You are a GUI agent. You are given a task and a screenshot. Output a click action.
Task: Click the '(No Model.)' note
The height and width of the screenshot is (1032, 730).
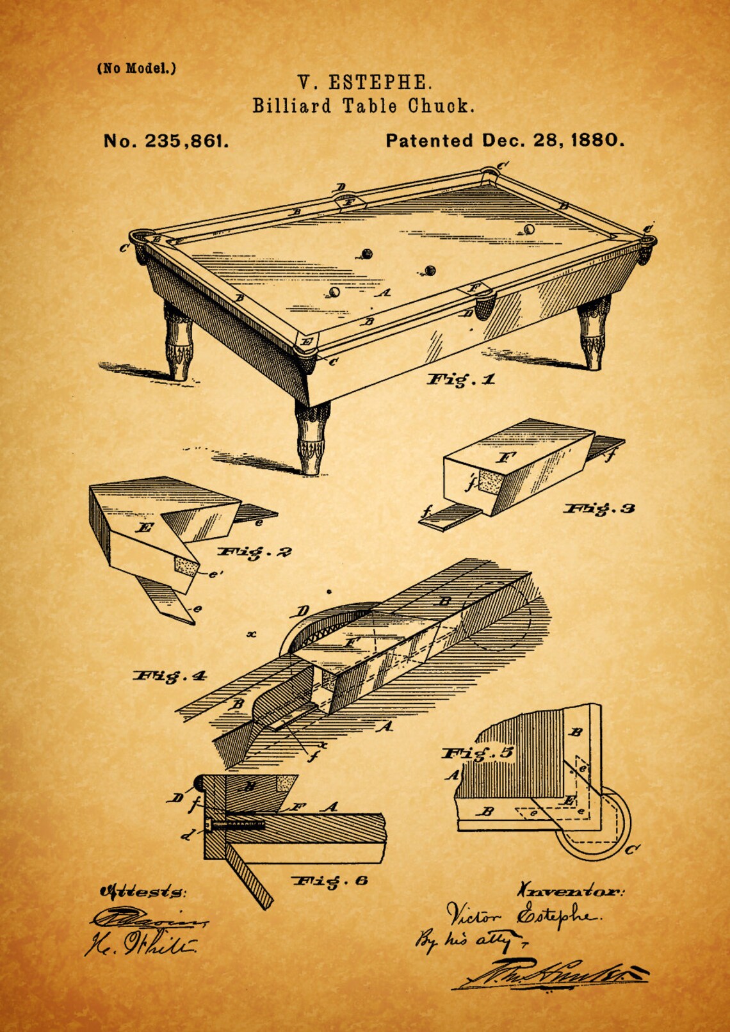136,69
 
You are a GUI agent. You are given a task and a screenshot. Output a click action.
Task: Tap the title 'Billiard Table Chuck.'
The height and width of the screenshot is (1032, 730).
364,106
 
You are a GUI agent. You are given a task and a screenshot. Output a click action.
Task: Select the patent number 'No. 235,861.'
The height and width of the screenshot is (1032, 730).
166,141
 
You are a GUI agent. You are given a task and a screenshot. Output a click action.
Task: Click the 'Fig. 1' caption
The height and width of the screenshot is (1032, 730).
461,380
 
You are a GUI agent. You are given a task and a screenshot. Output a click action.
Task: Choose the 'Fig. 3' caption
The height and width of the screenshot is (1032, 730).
599,508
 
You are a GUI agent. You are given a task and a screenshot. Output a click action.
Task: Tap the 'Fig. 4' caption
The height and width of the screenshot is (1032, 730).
170,675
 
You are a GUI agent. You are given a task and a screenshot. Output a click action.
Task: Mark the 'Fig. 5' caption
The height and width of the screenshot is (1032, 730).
478,753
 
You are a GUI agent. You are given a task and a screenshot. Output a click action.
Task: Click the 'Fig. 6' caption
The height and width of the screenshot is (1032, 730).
330,881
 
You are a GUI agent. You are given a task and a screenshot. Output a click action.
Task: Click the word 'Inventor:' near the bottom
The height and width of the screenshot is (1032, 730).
569,891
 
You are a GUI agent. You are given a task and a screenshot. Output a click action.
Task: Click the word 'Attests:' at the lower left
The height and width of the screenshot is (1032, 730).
142,891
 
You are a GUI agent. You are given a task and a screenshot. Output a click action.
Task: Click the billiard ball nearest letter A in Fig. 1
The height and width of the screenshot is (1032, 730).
333,293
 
